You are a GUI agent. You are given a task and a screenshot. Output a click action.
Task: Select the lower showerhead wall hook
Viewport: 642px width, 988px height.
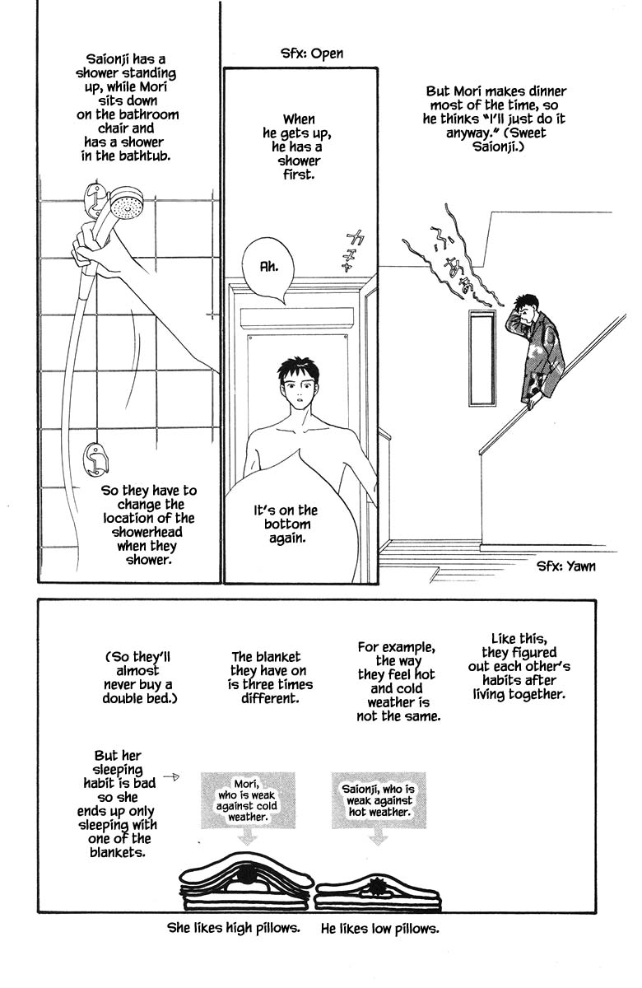(x=96, y=458)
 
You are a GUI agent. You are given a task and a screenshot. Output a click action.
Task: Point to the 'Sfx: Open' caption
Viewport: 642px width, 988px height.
(x=311, y=54)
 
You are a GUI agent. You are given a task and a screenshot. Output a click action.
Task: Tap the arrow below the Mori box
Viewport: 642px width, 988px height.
(x=245, y=837)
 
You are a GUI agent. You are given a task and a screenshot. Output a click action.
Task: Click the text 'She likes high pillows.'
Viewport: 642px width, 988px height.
(x=233, y=929)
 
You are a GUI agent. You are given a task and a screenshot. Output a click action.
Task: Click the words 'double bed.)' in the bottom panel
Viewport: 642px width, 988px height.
(x=139, y=698)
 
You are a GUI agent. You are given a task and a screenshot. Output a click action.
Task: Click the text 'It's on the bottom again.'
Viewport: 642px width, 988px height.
(x=287, y=524)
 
